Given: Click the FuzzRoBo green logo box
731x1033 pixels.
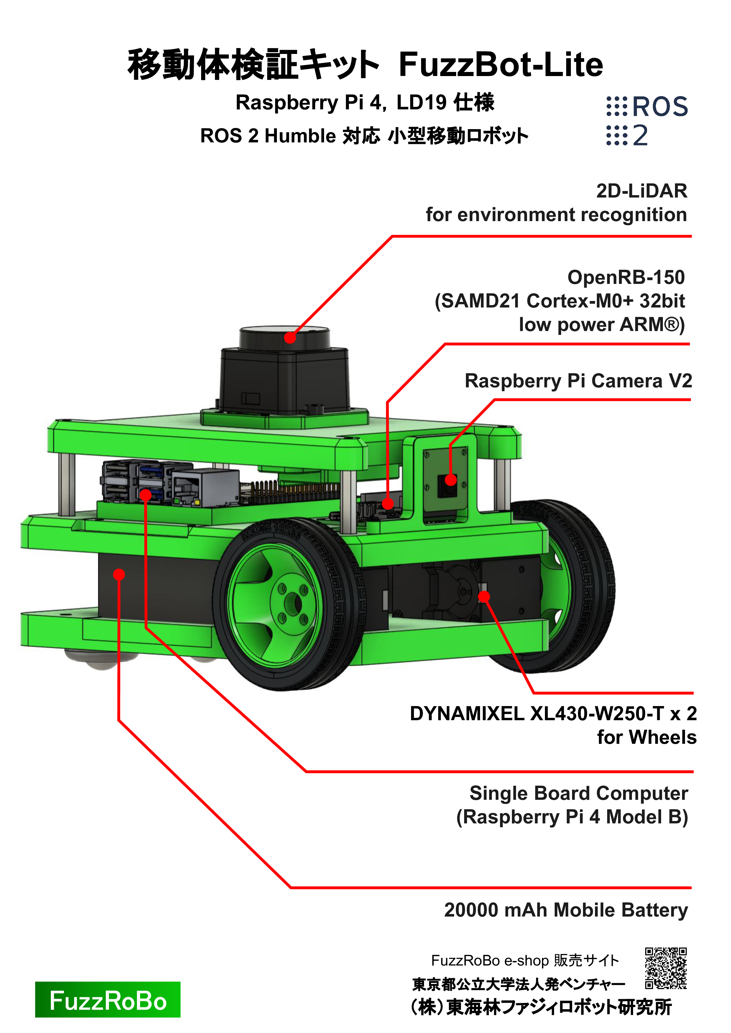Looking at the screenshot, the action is pyautogui.click(x=108, y=999).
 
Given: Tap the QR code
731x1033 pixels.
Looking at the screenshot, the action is pyautogui.click(x=666, y=968).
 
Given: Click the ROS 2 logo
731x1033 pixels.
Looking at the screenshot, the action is pyautogui.click(x=647, y=121).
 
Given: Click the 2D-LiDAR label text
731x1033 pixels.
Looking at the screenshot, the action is pyautogui.click(x=642, y=191).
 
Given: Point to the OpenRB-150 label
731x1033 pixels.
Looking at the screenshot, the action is pyautogui.click(x=626, y=277).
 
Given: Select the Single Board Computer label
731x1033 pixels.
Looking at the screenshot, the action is pyautogui.click(x=579, y=793).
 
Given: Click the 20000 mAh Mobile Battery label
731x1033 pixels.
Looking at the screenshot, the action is pyautogui.click(x=566, y=910).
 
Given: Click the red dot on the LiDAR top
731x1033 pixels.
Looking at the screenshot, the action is pyautogui.click(x=290, y=338).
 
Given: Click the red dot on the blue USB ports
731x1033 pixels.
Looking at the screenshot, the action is pyautogui.click(x=145, y=495).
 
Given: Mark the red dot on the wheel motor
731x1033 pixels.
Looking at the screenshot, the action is pyautogui.click(x=484, y=597).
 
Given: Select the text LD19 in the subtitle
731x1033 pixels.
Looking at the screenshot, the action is pyautogui.click(x=421, y=103).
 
